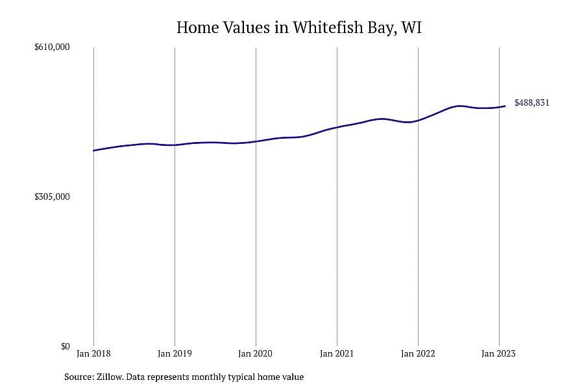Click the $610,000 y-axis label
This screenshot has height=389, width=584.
(x=52, y=47)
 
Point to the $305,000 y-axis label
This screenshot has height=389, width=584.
(x=52, y=197)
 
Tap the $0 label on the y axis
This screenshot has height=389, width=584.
(x=65, y=347)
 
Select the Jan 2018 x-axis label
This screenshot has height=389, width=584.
(x=93, y=353)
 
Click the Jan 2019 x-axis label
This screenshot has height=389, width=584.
(x=175, y=353)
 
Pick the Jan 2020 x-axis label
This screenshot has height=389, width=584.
(x=256, y=353)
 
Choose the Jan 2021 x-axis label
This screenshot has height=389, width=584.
(x=337, y=353)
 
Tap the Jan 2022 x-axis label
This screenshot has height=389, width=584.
(x=418, y=353)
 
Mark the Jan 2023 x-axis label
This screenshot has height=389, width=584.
(x=499, y=353)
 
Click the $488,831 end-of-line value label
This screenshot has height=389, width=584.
(x=532, y=102)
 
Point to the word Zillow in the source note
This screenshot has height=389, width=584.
(x=110, y=377)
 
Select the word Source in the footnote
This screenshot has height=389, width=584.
(x=79, y=377)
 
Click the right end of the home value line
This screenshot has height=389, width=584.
(x=505, y=106)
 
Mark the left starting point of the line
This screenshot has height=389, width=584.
(x=93, y=150)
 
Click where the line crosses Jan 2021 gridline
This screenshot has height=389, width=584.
(x=337, y=127)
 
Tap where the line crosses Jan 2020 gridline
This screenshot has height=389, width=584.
(x=256, y=141)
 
